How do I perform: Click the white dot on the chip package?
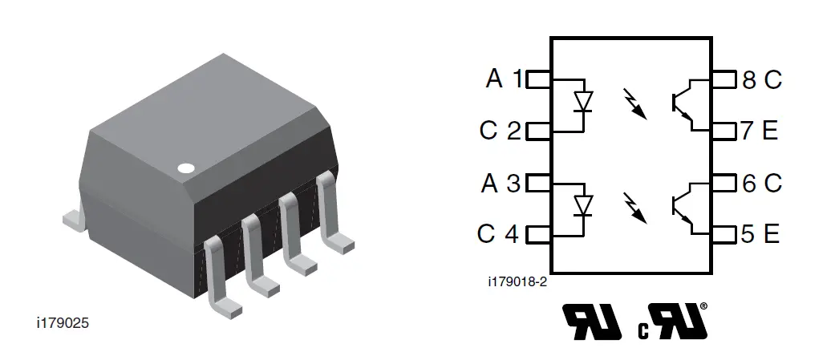click(186, 168)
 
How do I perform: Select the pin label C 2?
click(501, 130)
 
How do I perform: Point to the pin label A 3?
click(502, 184)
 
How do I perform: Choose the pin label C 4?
click(498, 234)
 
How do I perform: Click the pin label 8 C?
click(761, 79)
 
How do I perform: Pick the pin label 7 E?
click(760, 130)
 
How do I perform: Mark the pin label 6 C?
click(761, 184)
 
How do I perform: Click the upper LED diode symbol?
click(584, 103)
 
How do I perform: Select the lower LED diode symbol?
click(584, 206)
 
